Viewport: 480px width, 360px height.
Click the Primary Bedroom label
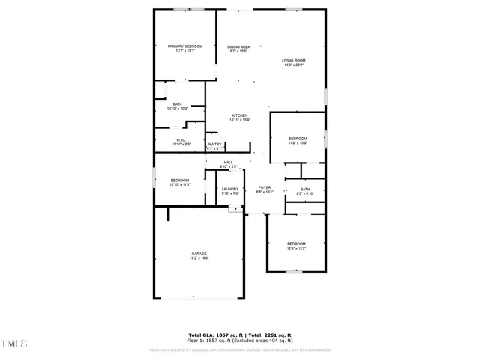[184, 46]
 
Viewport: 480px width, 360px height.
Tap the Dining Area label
[238, 47]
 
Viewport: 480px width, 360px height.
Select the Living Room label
[294, 60]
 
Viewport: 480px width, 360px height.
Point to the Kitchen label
[239, 115]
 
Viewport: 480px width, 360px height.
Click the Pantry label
[214, 145]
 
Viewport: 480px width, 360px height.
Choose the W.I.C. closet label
[181, 139]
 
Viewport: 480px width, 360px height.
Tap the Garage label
[199, 253]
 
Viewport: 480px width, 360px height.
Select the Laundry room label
[229, 189]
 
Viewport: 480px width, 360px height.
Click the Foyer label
[265, 187]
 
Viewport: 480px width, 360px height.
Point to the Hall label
[228, 162]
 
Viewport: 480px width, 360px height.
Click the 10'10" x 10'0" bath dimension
[177, 109]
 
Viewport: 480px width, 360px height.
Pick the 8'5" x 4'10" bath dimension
[305, 193]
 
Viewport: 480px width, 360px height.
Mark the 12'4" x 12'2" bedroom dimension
[296, 248]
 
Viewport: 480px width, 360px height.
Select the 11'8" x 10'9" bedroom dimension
[298, 143]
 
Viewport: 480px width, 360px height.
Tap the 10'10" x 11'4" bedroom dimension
[180, 184]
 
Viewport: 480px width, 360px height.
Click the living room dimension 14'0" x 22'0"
[294, 64]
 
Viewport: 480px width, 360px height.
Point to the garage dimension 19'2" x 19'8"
[199, 258]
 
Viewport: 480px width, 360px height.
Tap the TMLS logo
[13, 344]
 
